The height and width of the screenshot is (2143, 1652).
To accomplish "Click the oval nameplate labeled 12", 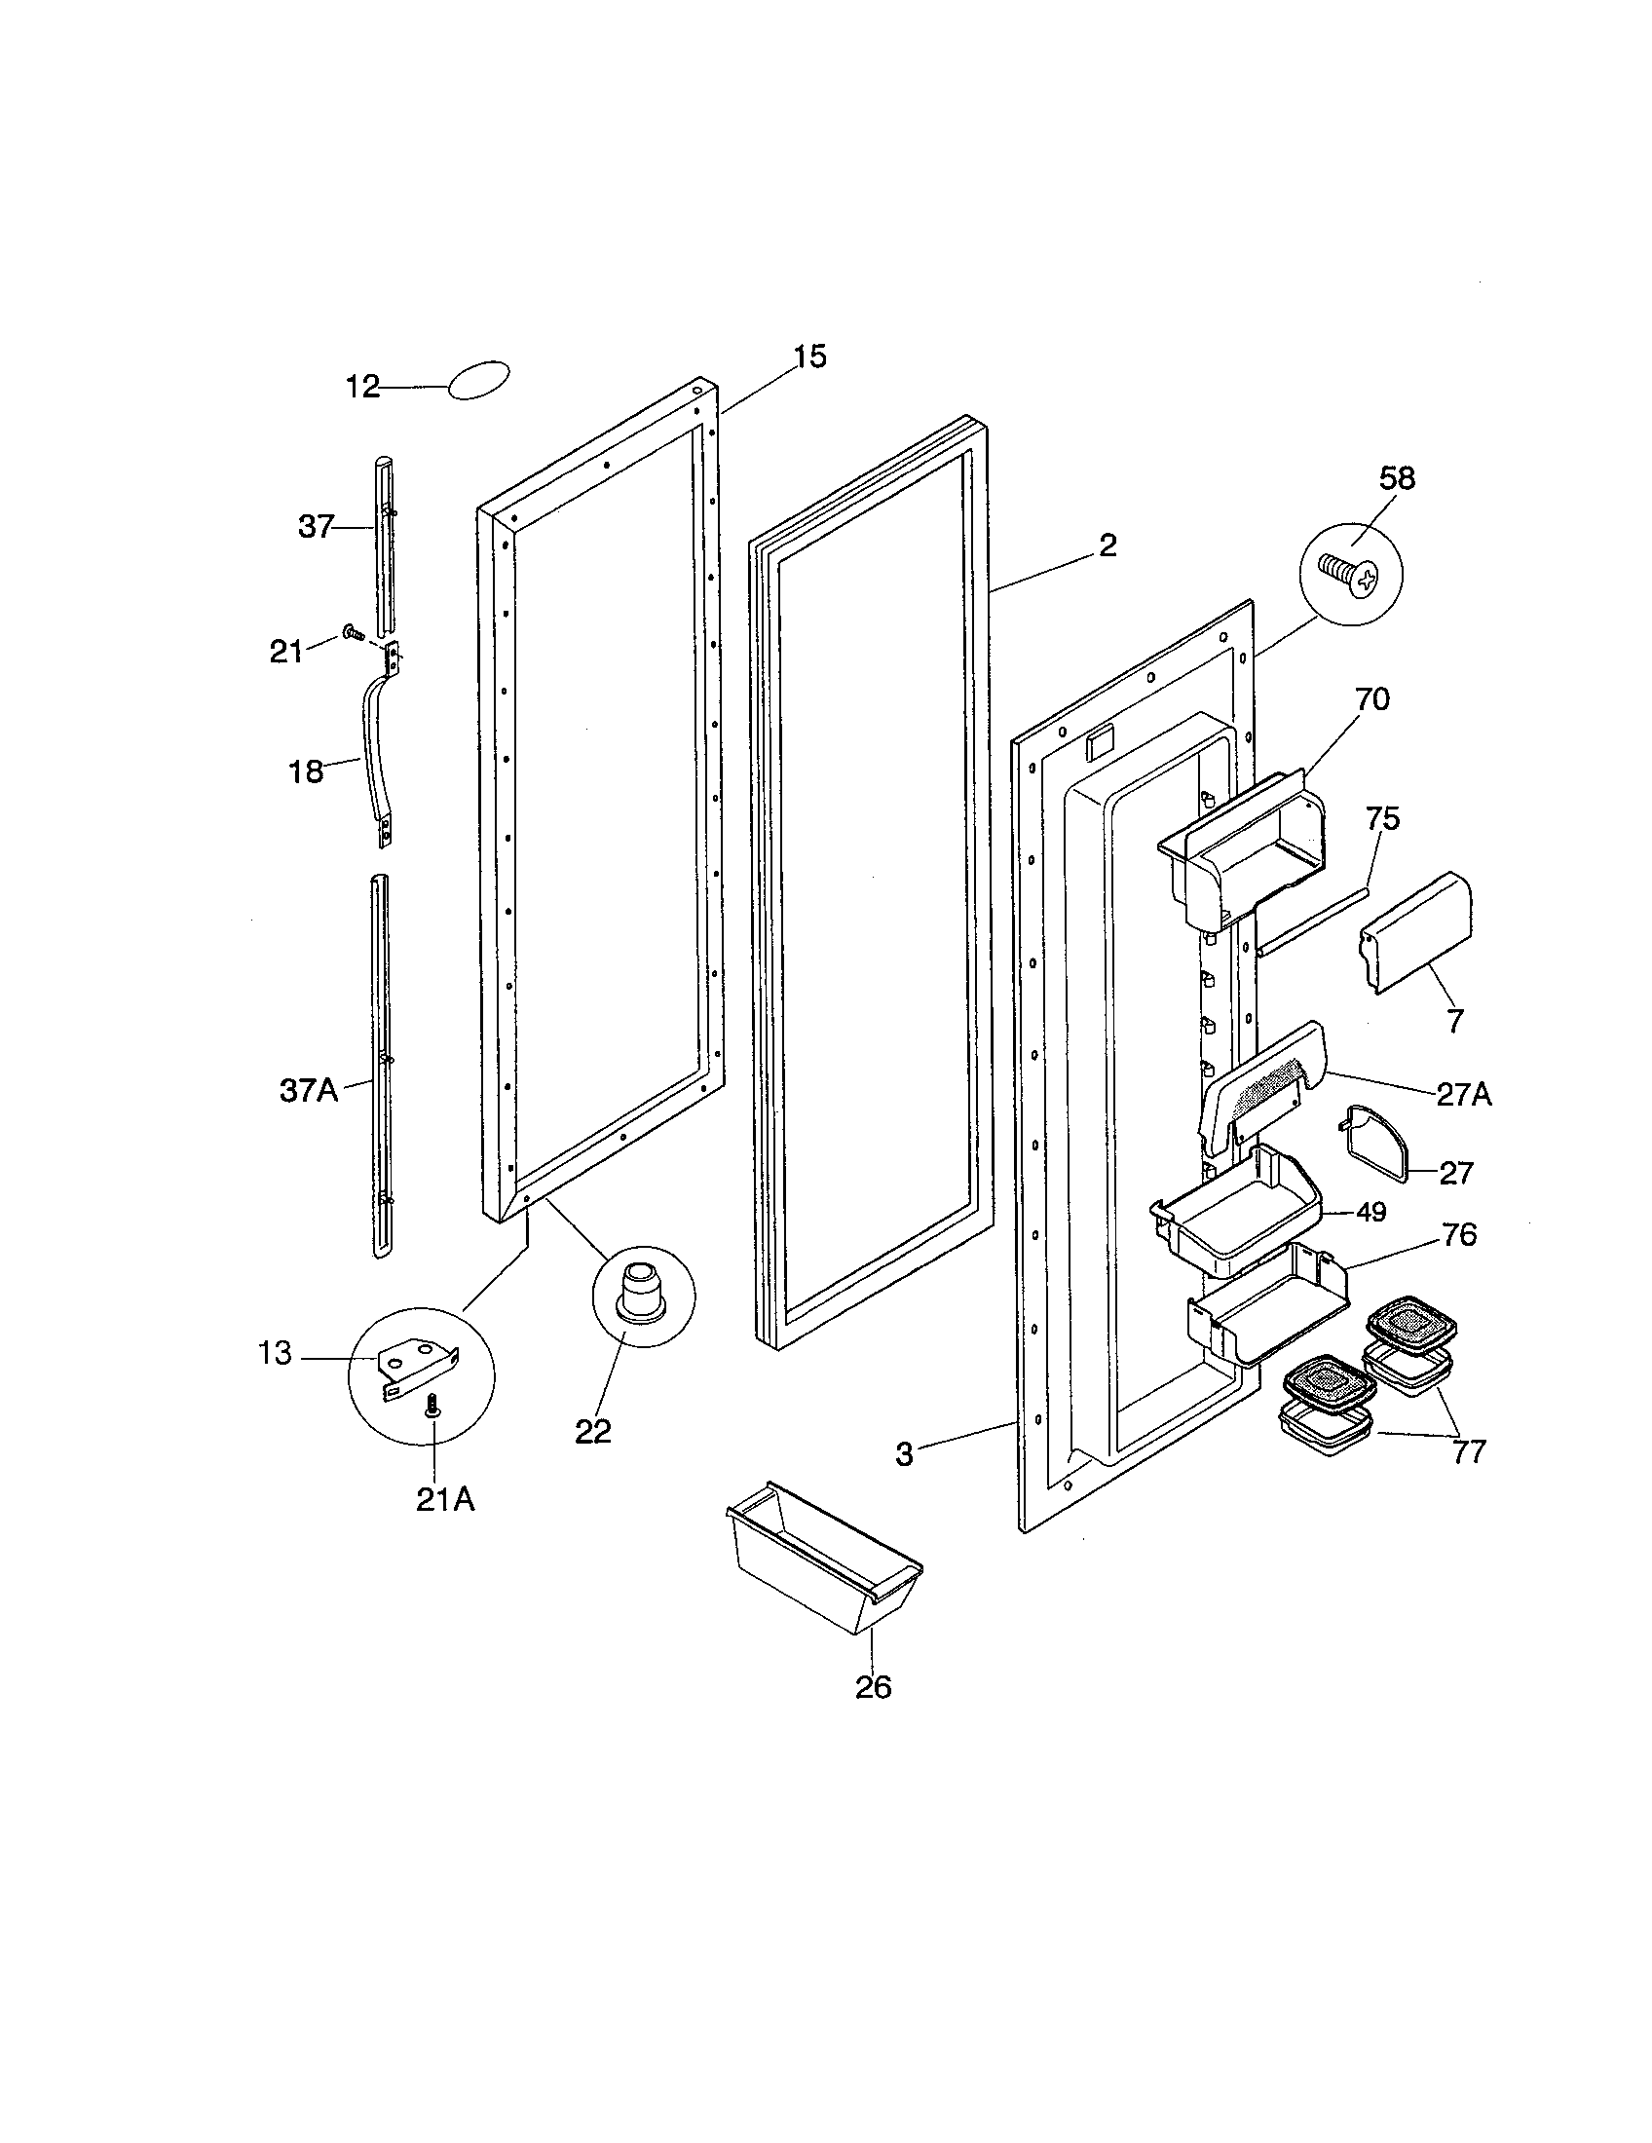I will (x=478, y=381).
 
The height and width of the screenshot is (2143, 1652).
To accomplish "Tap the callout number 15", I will (x=809, y=357).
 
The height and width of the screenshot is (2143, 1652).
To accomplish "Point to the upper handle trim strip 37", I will (x=386, y=545).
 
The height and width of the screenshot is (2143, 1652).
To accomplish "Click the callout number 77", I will (x=1469, y=1451).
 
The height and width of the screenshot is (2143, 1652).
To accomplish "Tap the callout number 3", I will (x=905, y=1453).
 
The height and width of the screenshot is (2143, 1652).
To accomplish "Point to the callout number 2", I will (x=1108, y=545).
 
